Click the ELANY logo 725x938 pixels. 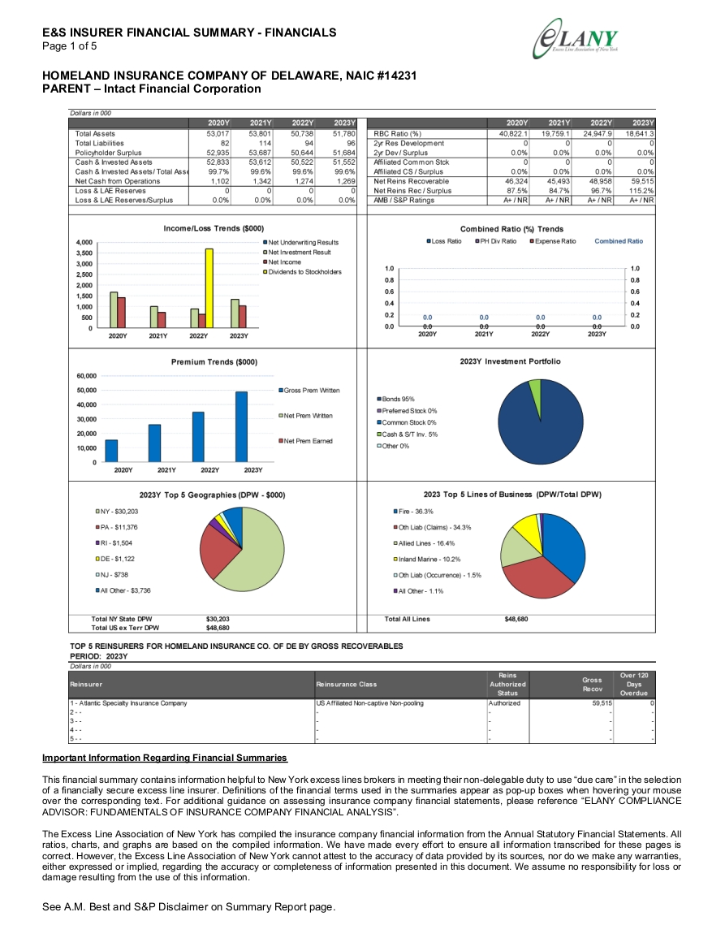click(576, 39)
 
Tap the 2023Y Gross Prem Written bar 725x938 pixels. click(241, 426)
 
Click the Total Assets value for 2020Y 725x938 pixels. click(218, 134)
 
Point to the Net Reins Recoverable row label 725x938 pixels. click(411, 181)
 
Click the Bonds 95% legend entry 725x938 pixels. click(395, 399)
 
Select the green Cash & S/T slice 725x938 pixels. click(535, 387)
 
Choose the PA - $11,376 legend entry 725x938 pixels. click(116, 527)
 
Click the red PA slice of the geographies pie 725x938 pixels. click(217, 549)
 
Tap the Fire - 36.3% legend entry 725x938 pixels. click(412, 512)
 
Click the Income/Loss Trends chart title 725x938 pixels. click(214, 228)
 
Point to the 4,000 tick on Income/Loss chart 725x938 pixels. click(84, 242)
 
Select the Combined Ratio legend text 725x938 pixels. click(619, 241)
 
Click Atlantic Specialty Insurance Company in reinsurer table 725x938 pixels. click(128, 703)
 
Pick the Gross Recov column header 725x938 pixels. click(592, 685)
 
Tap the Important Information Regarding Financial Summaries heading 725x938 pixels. click(165, 758)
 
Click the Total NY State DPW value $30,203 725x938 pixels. click(218, 619)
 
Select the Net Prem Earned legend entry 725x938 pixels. click(305, 441)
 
